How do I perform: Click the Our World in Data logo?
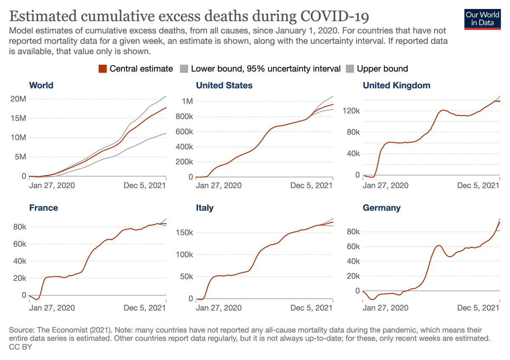(x=482, y=18)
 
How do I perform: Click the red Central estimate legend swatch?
(x=102, y=69)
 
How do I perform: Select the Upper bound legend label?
(x=382, y=69)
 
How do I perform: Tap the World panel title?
(x=41, y=85)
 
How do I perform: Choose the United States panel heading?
(x=224, y=85)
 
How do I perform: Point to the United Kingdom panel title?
(x=396, y=85)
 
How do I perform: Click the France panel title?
(x=43, y=208)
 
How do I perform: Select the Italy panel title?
(x=204, y=208)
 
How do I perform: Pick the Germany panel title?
(x=381, y=208)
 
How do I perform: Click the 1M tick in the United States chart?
(x=187, y=102)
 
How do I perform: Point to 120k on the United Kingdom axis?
(x=352, y=111)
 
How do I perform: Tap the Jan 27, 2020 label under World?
(x=52, y=185)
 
